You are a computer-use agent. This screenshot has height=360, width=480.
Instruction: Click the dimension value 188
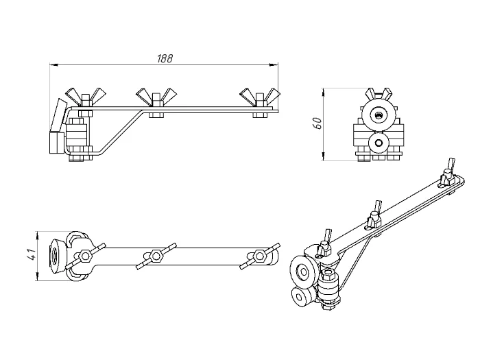pyautogui.click(x=165, y=58)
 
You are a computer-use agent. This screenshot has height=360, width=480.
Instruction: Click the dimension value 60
pyautogui.click(x=318, y=123)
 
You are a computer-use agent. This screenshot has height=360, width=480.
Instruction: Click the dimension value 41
pyautogui.click(x=32, y=254)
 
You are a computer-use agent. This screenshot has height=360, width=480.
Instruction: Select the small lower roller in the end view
pyautogui.click(x=379, y=143)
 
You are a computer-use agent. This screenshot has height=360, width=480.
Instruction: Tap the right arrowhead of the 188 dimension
pyautogui.click(x=274, y=64)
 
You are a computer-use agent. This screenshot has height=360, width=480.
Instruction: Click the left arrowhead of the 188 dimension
pyautogui.click(x=54, y=64)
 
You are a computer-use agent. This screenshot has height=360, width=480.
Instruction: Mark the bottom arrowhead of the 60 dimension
pyautogui.click(x=324, y=156)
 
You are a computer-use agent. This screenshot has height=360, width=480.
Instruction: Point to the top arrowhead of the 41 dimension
pyautogui.click(x=37, y=235)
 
